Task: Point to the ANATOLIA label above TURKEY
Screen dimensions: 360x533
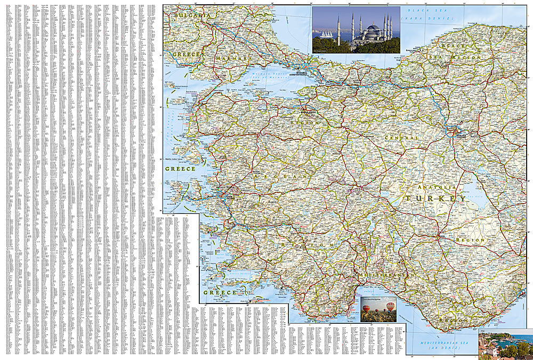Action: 437,187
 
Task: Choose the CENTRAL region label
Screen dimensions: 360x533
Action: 403,138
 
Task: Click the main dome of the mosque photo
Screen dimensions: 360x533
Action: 373,28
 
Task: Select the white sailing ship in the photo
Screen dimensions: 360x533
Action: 326,34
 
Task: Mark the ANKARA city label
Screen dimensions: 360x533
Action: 460,135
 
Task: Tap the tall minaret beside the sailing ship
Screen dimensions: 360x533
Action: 338,30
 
